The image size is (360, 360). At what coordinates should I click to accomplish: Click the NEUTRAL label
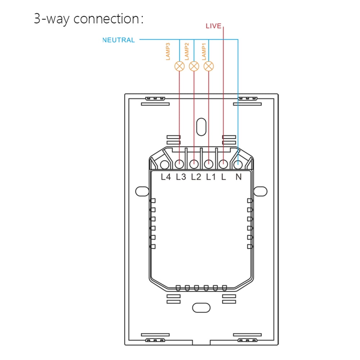click(119, 40)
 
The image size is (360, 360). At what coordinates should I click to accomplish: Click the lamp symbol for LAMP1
click(209, 66)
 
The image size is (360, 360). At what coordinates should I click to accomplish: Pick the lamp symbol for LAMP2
click(194, 66)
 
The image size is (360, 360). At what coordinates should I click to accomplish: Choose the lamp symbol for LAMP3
click(179, 66)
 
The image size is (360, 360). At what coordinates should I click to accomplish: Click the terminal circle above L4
click(165, 165)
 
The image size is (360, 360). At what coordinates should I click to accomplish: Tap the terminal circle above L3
click(179, 165)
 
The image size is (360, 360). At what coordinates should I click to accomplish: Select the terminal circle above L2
click(194, 165)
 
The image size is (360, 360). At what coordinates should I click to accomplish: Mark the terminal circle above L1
click(209, 165)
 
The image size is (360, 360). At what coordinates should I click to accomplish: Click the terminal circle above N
click(238, 165)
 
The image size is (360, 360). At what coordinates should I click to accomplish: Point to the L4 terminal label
click(166, 177)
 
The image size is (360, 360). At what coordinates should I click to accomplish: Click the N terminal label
click(238, 177)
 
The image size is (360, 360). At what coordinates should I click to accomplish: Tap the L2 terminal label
click(196, 177)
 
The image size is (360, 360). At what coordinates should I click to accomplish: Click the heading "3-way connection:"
click(89, 19)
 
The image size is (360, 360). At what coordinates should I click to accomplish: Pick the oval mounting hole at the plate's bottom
click(201, 308)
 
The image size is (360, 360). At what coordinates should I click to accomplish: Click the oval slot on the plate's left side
click(143, 191)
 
